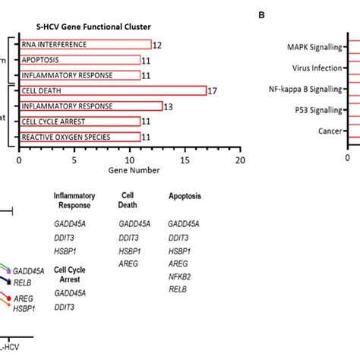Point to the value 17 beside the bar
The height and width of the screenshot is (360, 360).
coord(214,91)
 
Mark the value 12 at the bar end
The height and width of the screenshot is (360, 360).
coord(157,45)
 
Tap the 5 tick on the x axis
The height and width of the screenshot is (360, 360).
coord(74,160)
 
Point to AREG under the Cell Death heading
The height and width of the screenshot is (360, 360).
coord(128,260)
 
